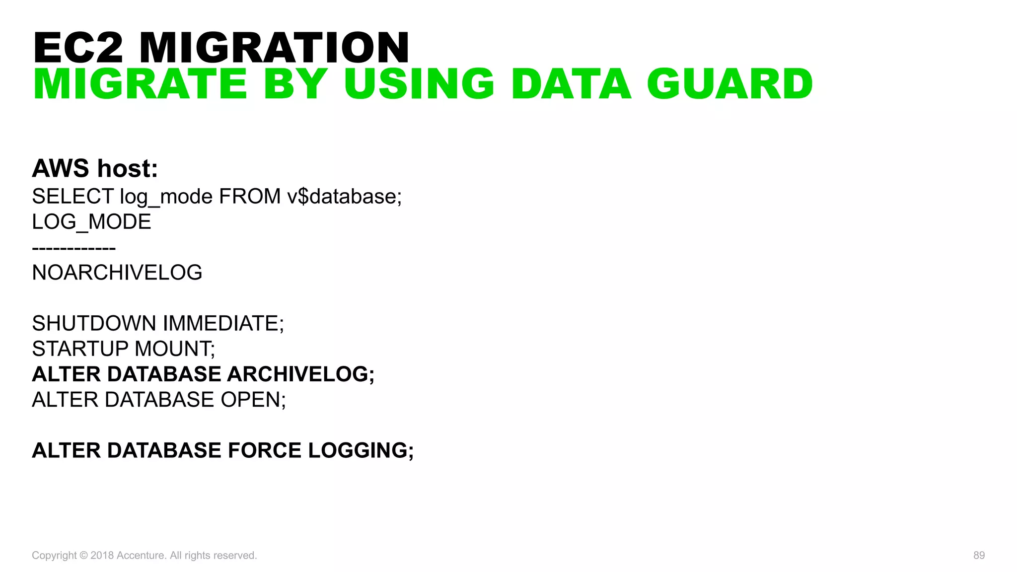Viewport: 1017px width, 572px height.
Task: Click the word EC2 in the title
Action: click(x=78, y=48)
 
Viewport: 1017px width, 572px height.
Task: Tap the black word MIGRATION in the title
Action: click(x=274, y=48)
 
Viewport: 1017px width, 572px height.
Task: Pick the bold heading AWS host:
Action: click(x=95, y=168)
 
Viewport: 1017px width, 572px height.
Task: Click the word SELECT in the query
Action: click(x=73, y=197)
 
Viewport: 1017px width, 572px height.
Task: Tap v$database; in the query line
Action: click(x=344, y=197)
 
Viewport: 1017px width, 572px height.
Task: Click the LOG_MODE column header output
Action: click(x=91, y=222)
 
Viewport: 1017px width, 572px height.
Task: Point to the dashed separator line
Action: click(x=73, y=247)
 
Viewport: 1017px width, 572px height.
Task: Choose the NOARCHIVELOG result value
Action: click(x=117, y=273)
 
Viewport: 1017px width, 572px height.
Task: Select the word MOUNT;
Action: click(x=175, y=349)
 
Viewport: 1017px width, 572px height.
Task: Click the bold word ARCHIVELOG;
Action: click(x=300, y=374)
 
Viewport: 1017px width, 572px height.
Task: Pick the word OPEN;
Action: click(x=253, y=400)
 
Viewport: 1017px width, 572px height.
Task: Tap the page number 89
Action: click(x=979, y=555)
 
